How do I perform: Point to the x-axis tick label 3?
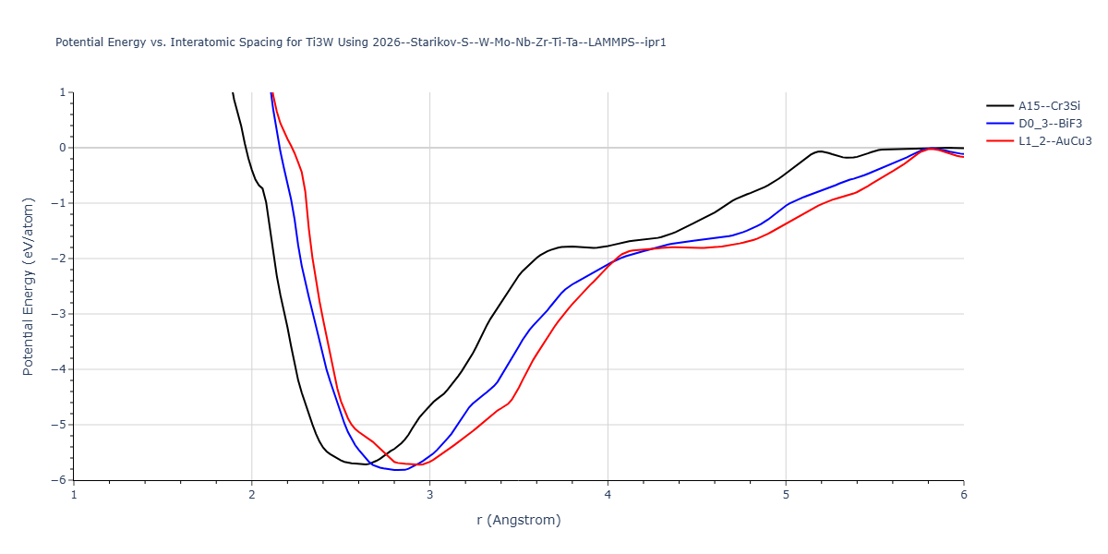pyautogui.click(x=429, y=495)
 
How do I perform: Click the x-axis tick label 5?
pyautogui.click(x=786, y=495)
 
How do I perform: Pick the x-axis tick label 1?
pyautogui.click(x=74, y=495)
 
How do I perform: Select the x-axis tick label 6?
pyautogui.click(x=963, y=495)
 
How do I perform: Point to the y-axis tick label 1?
pyautogui.click(x=62, y=92)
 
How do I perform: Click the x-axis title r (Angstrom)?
pyautogui.click(x=518, y=520)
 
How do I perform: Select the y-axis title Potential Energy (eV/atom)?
pyautogui.click(x=28, y=286)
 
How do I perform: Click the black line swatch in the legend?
pyautogui.click(x=999, y=106)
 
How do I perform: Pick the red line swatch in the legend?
pyautogui.click(x=999, y=141)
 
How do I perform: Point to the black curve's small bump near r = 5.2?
pyautogui.click(x=820, y=151)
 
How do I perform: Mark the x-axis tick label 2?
pyautogui.click(x=252, y=495)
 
